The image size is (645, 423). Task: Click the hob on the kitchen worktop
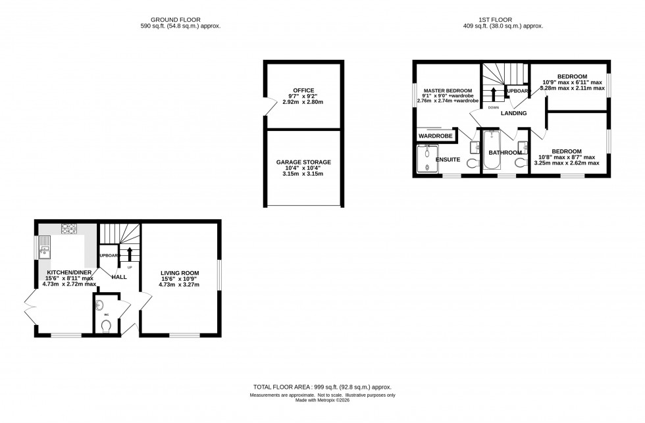(69, 229)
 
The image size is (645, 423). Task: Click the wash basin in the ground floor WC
(99, 305)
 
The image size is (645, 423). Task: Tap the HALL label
(119, 277)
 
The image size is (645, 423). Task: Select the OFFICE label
(303, 90)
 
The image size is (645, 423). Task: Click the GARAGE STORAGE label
(303, 162)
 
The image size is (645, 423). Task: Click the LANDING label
(513, 113)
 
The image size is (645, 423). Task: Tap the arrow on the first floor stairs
(493, 92)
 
